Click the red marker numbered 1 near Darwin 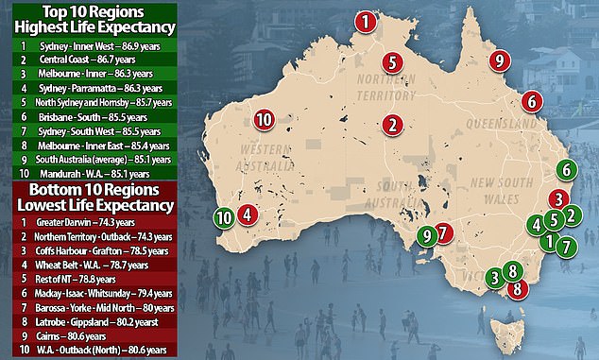point(365,21)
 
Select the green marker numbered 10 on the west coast point(224,216)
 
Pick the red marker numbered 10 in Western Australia point(264,118)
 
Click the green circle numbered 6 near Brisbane point(565,170)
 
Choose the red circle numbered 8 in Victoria point(517,287)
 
